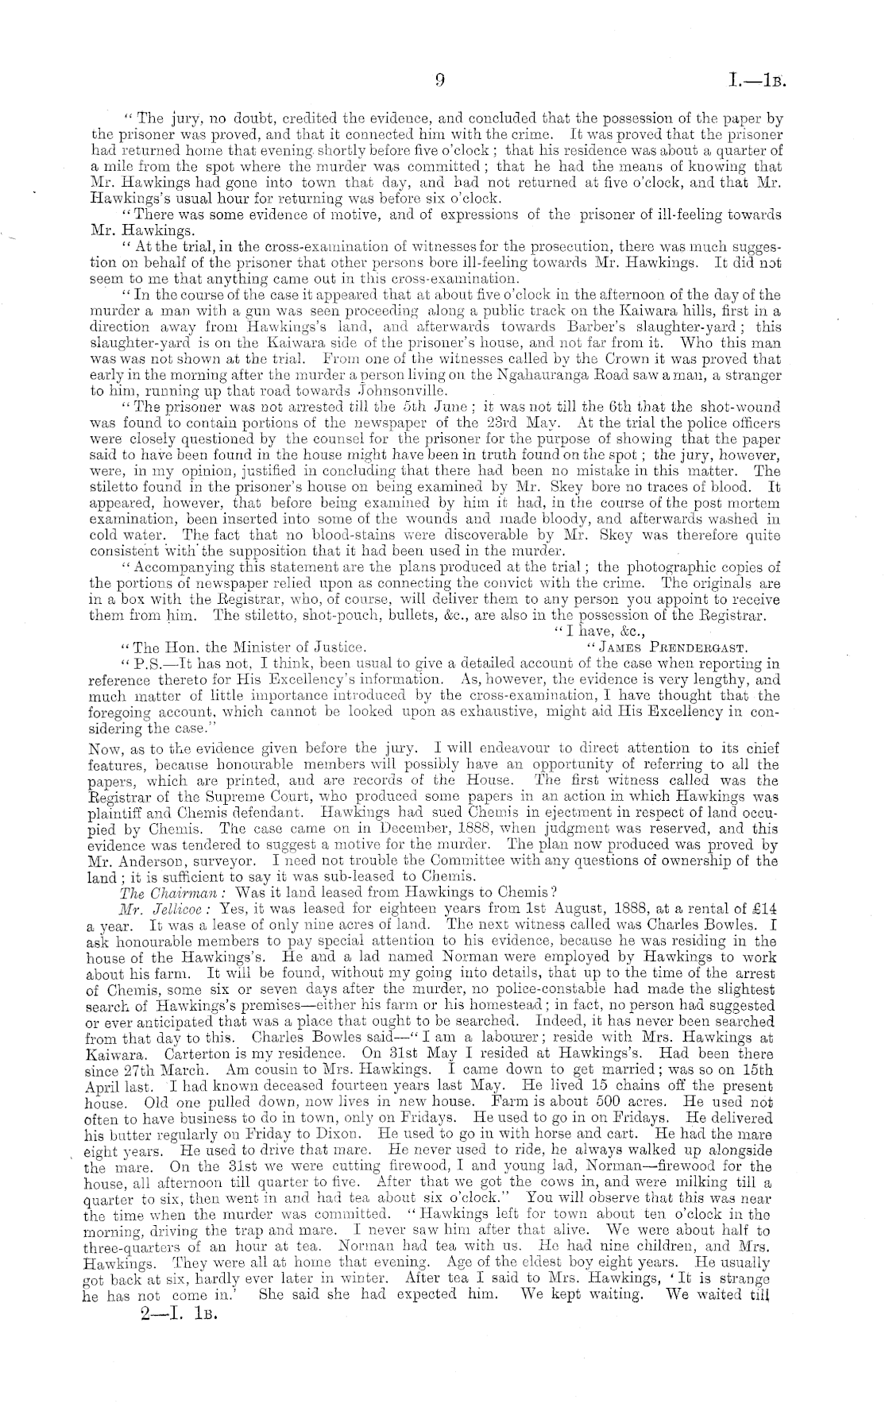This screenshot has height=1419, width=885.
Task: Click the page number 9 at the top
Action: click(439, 80)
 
